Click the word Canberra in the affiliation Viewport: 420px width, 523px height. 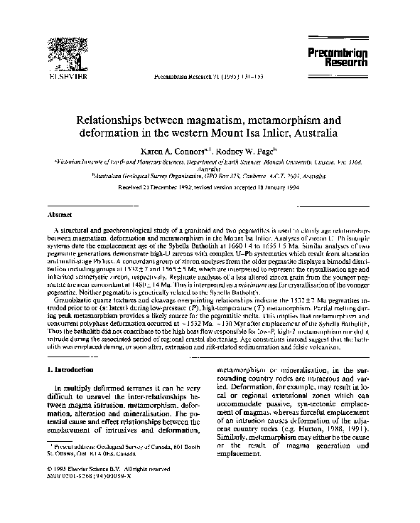[x=252, y=175]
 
